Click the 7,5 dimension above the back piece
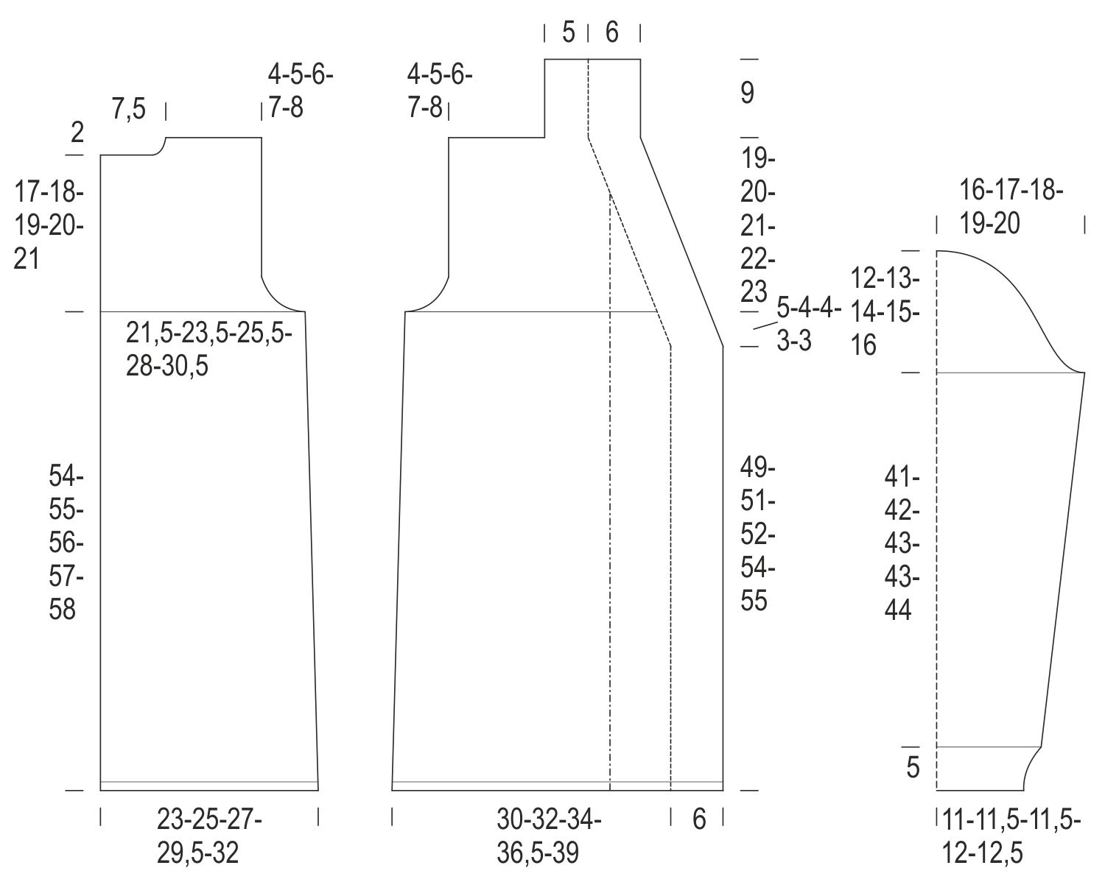128,109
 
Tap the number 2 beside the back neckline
77,133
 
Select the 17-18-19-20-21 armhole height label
49,225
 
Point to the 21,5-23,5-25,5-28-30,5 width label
208,350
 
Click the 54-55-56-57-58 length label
66,543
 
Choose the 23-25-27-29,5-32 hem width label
209,836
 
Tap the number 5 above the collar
568,32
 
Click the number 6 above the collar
611,32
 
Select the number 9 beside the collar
747,94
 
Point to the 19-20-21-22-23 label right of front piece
757,226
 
